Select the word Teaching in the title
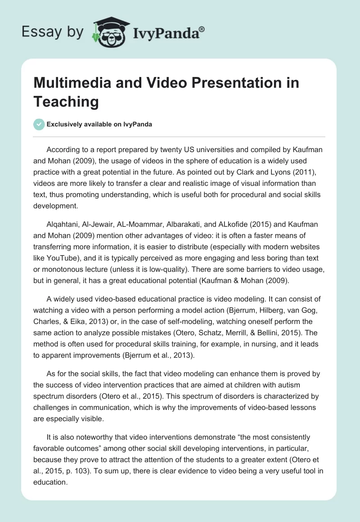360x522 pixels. click(66, 101)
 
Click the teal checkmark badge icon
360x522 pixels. click(39, 124)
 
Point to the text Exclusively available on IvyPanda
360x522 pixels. click(100, 124)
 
